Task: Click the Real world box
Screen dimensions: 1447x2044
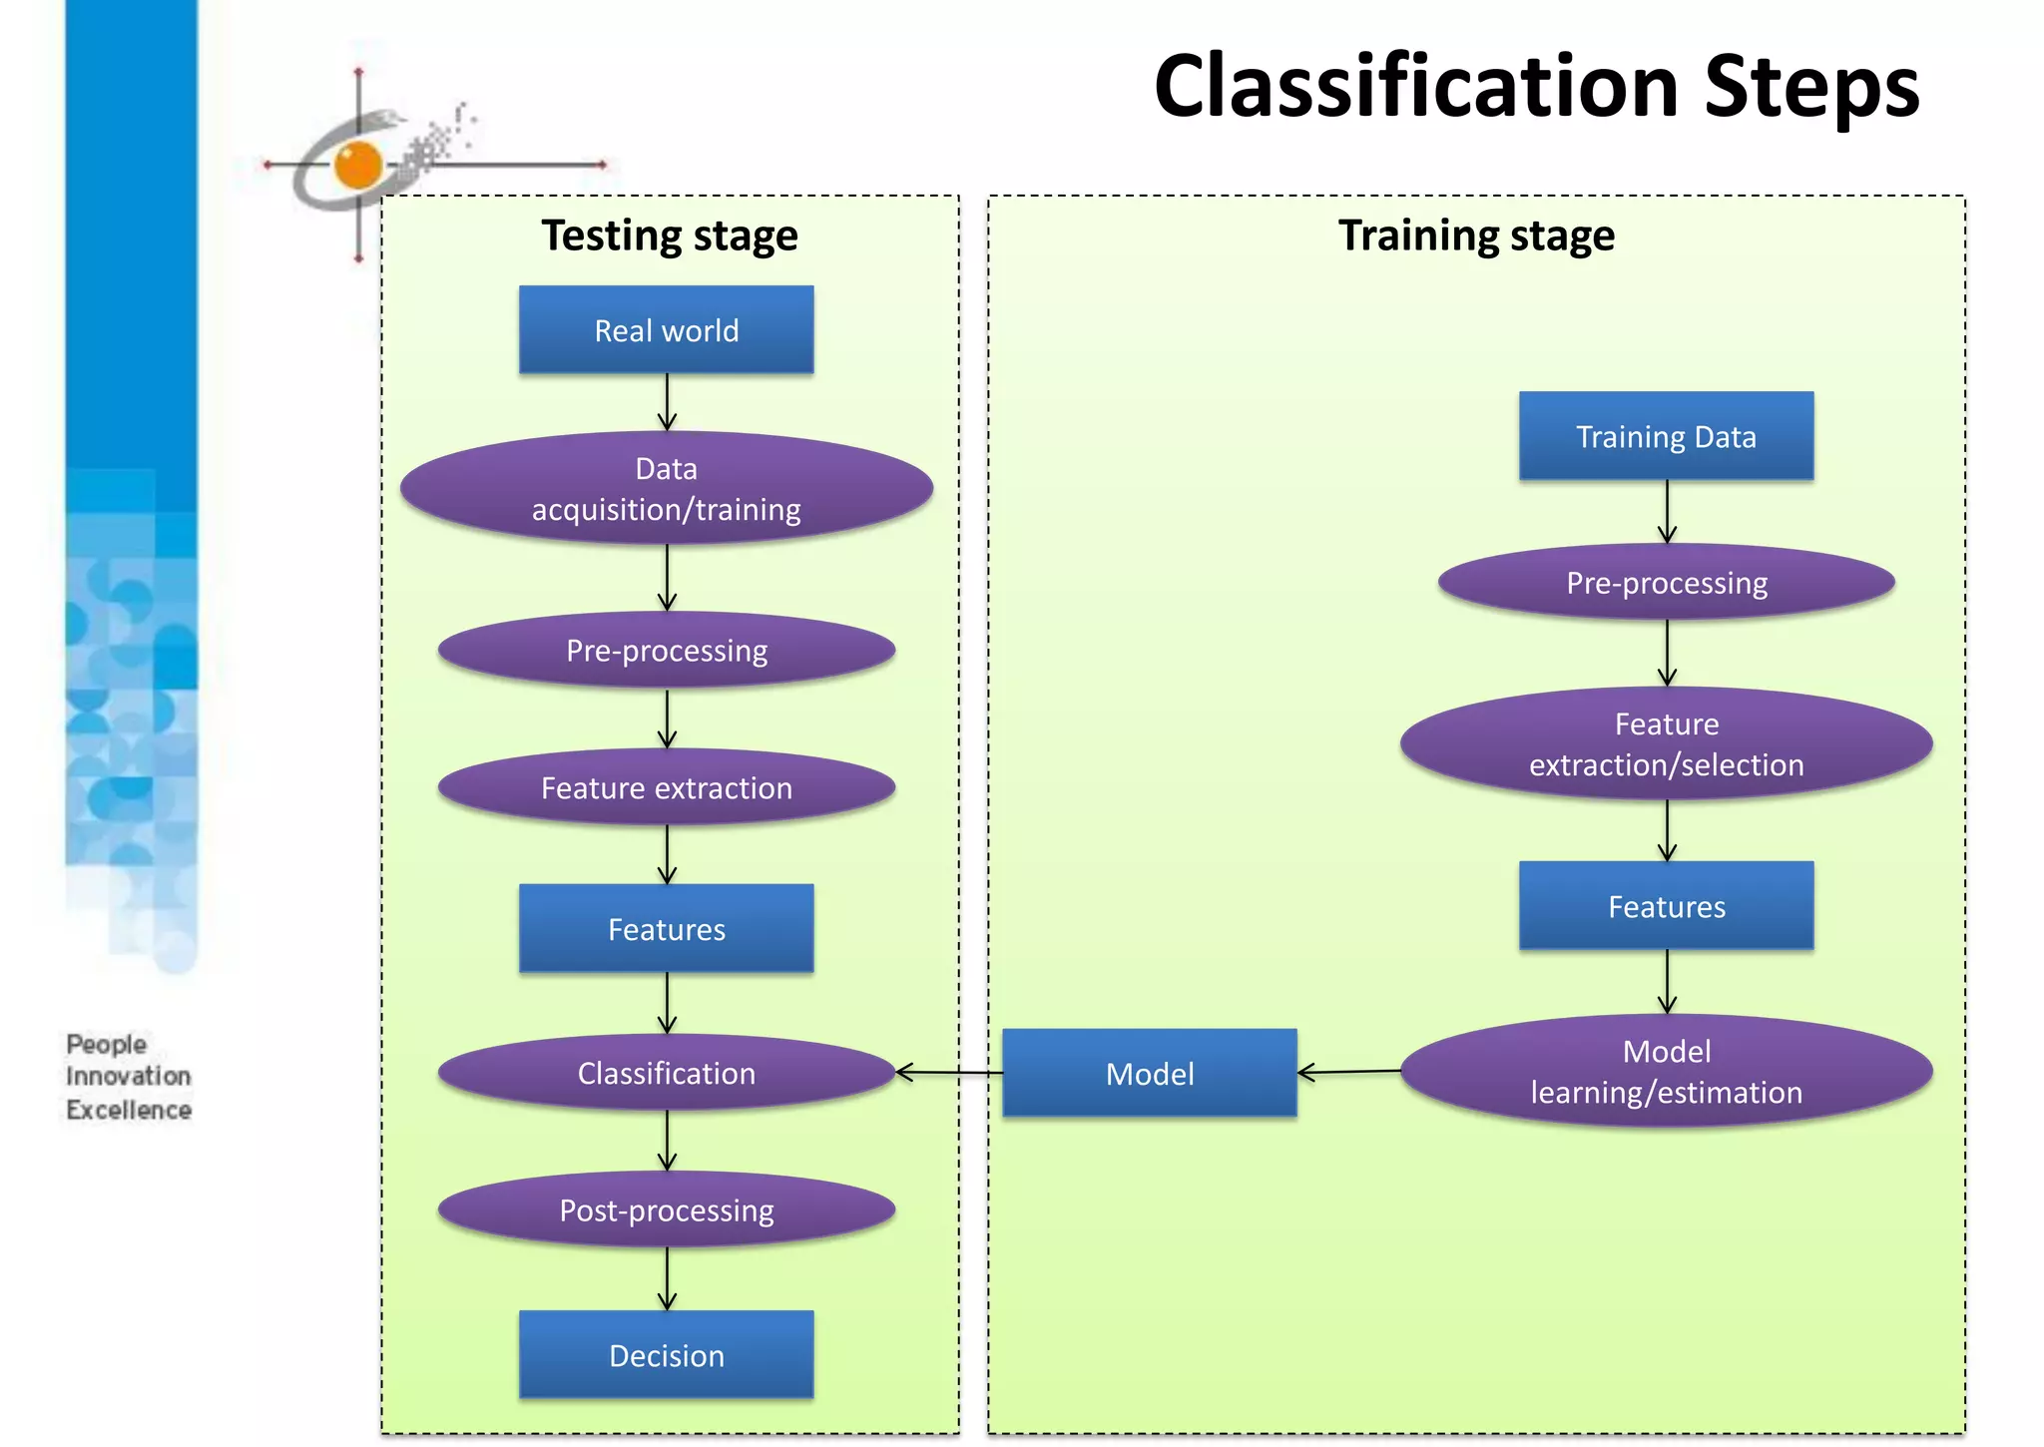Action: point(666,330)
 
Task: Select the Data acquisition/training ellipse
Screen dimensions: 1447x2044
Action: point(666,488)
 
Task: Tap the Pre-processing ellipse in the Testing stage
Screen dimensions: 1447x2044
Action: point(666,650)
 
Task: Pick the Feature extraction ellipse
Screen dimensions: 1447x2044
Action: point(666,787)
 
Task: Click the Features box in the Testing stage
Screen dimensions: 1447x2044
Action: point(666,929)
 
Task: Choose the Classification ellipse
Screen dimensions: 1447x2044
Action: point(666,1073)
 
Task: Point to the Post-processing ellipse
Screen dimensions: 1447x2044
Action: point(666,1209)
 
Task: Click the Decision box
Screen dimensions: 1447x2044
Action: point(666,1355)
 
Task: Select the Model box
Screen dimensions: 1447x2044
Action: point(1149,1074)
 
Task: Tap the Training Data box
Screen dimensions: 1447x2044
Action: point(1666,436)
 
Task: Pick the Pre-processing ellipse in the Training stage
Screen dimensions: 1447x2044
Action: point(1666,582)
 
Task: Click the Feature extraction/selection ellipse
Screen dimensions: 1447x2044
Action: point(1666,743)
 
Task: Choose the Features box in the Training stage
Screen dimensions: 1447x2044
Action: point(1666,906)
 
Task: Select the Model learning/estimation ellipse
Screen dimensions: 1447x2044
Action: point(1666,1071)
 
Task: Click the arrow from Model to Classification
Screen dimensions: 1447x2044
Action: point(949,1073)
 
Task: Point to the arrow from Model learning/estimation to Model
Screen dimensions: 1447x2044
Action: point(1349,1073)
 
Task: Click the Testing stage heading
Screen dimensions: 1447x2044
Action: point(670,237)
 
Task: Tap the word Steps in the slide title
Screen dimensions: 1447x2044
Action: point(1811,88)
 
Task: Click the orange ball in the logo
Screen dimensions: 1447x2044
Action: point(358,165)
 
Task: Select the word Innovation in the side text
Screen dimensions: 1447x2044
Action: point(129,1077)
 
